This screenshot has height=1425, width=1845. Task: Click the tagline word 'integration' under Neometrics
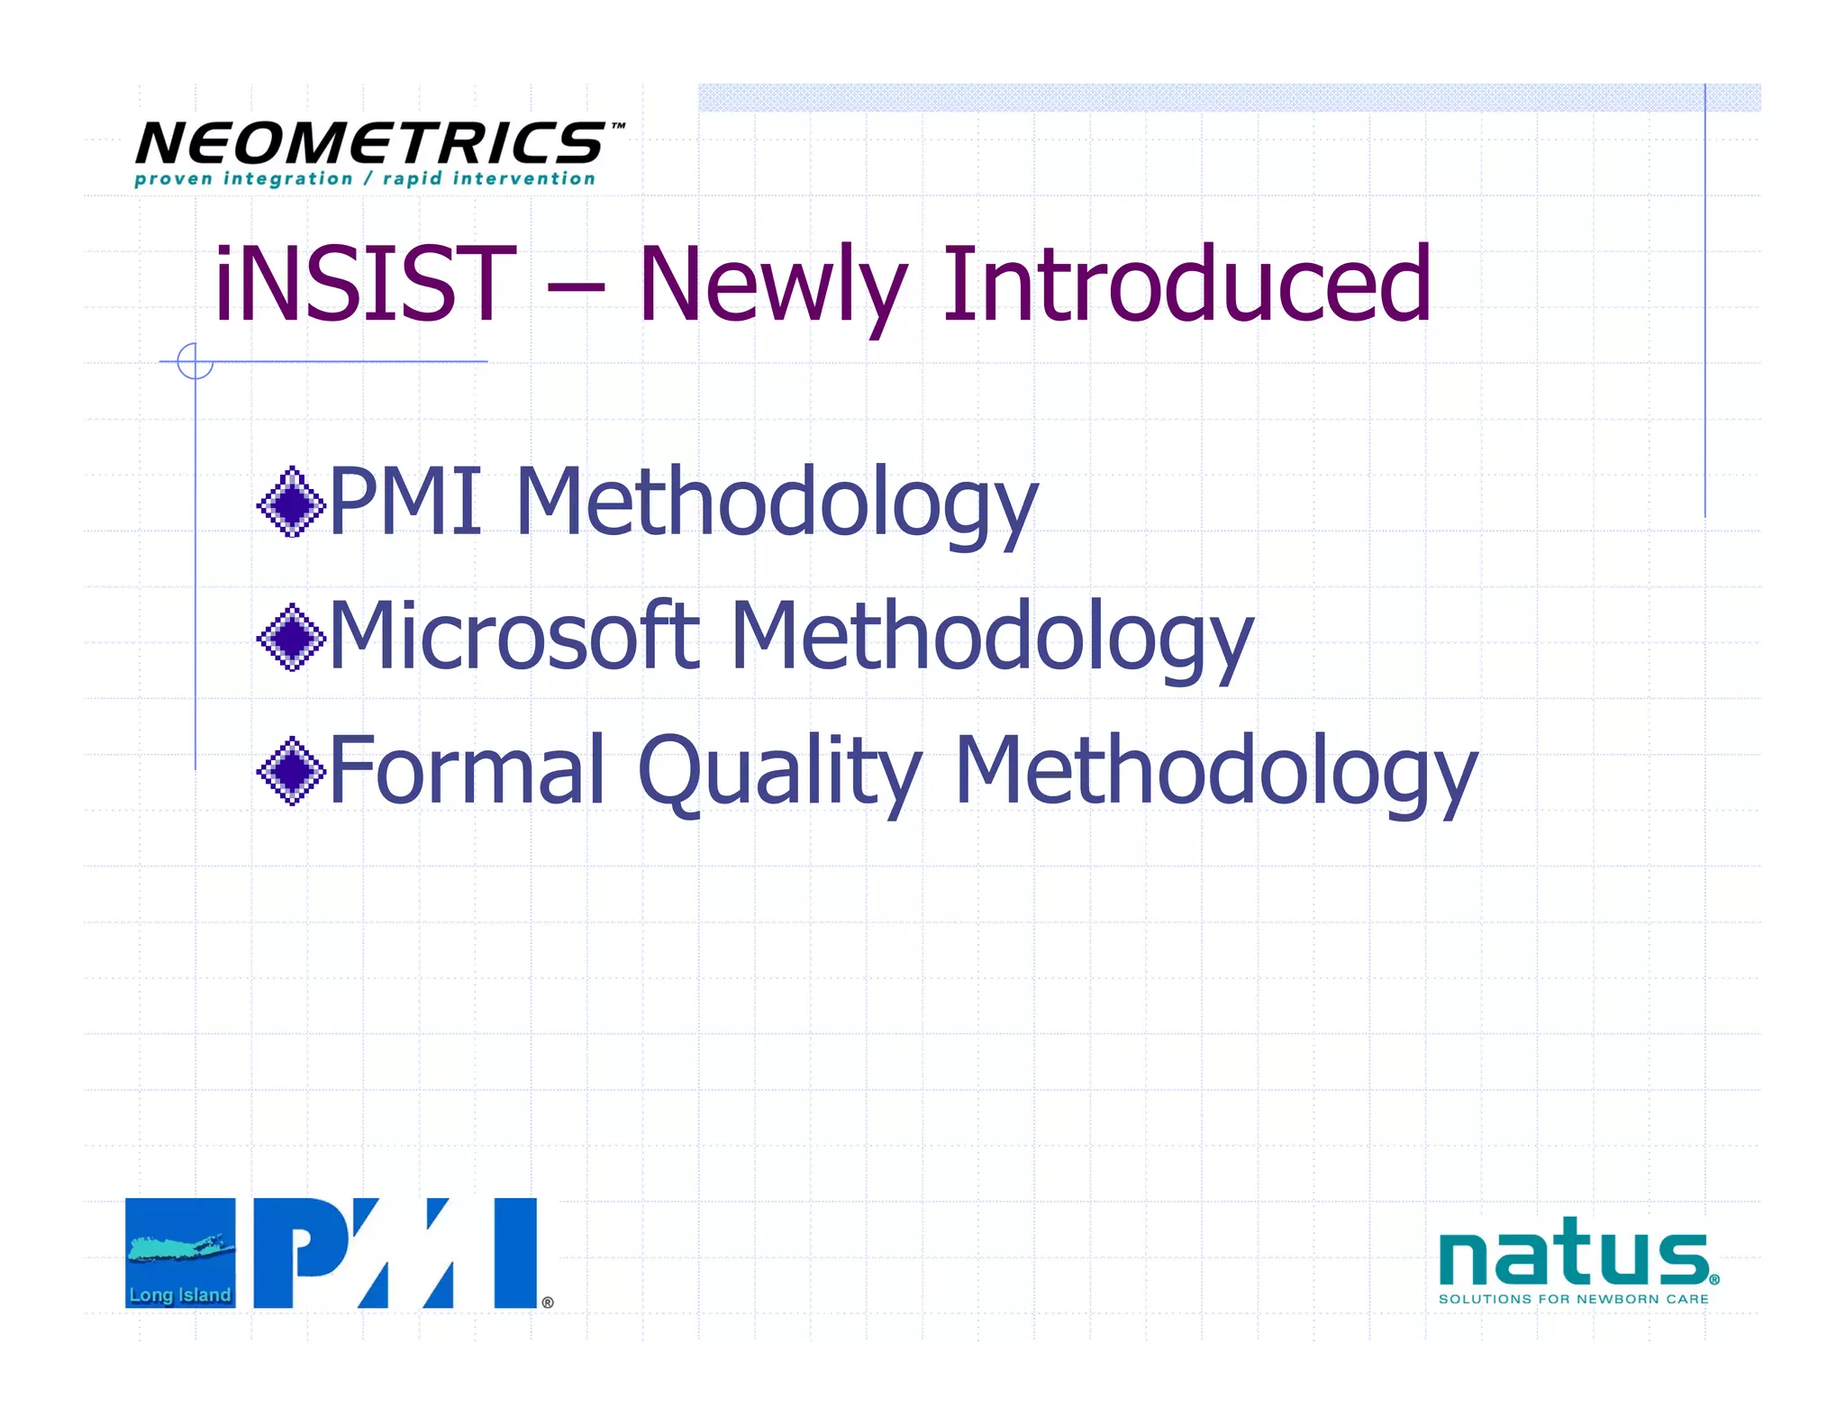287,178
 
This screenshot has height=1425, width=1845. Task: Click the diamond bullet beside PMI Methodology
291,502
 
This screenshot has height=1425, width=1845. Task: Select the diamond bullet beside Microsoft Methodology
291,637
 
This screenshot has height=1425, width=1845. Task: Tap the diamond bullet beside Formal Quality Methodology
291,771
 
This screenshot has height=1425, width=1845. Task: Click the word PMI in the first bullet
405,502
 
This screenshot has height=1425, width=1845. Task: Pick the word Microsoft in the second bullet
514,637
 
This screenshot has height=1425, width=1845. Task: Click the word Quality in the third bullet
780,771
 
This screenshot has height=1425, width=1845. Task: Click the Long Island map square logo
180,1252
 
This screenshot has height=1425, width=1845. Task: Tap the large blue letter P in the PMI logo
297,1252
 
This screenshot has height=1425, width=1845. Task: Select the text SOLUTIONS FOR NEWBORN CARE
1573,1299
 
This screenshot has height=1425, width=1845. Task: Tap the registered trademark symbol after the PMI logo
548,1302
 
